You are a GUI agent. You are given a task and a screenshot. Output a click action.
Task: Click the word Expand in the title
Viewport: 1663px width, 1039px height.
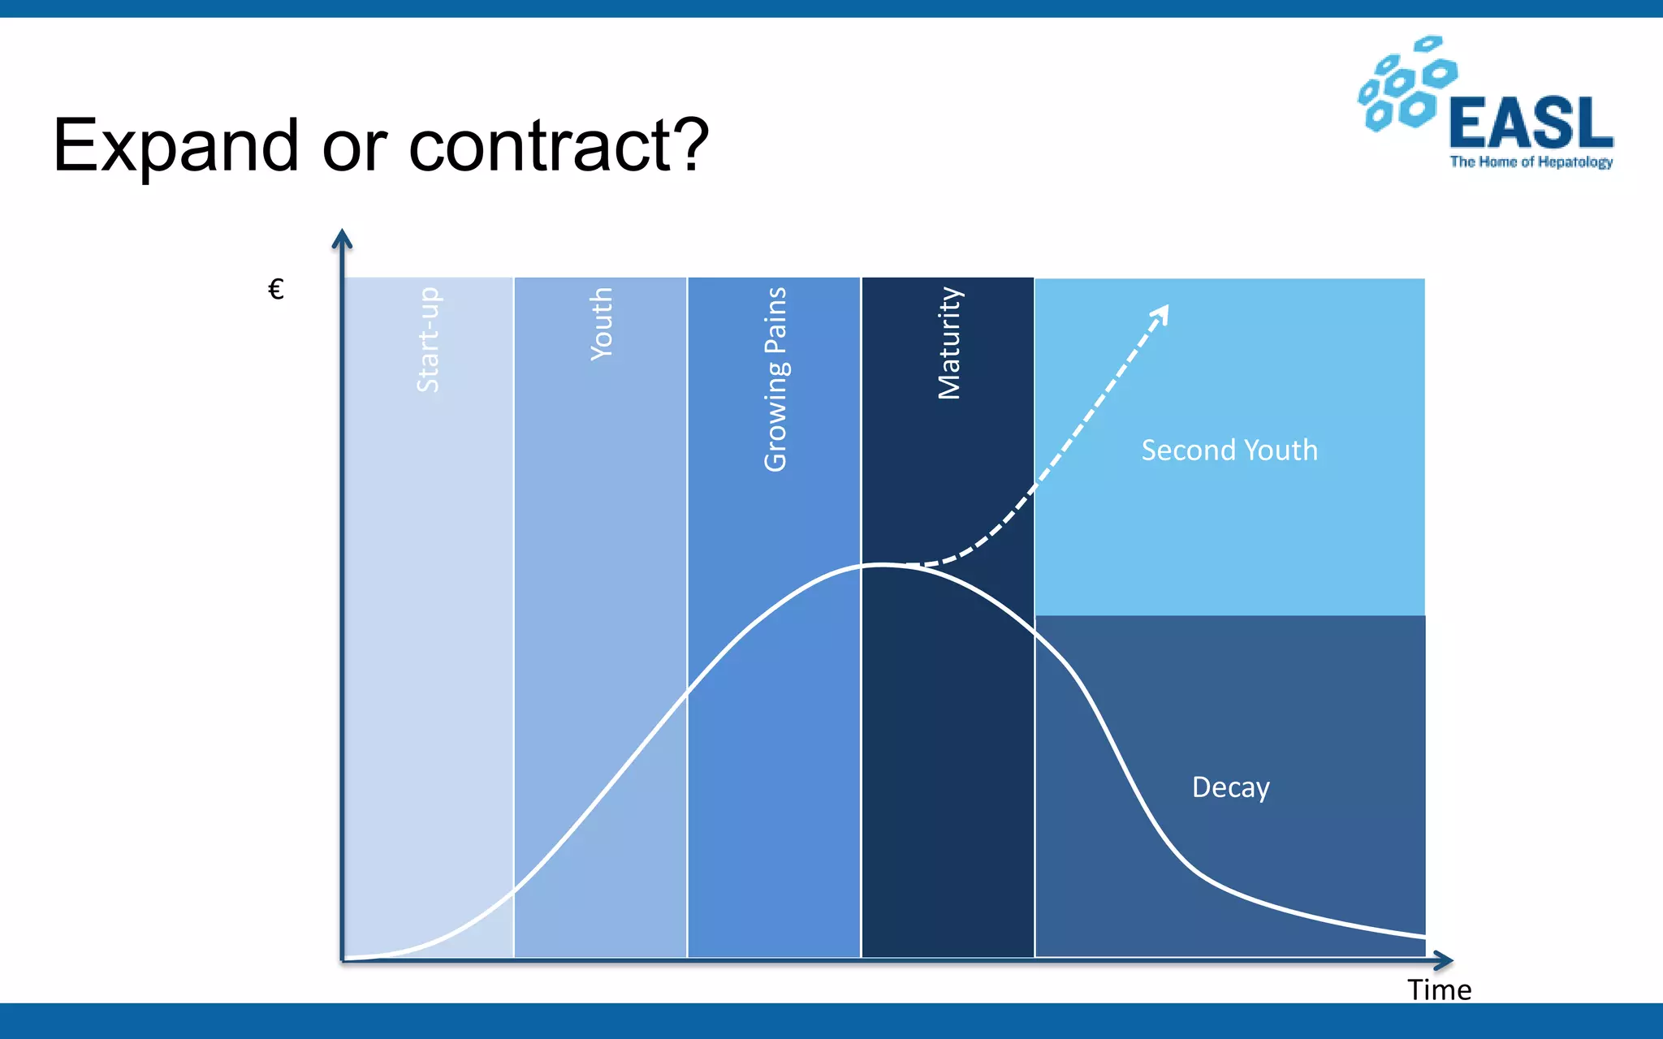click(175, 147)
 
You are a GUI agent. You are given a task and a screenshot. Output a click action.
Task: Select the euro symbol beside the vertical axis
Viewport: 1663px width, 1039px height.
click(276, 289)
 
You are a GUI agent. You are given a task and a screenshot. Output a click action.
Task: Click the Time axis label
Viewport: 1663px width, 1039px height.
click(1439, 989)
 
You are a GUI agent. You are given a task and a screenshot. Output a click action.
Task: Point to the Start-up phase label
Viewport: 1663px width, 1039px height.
click(428, 339)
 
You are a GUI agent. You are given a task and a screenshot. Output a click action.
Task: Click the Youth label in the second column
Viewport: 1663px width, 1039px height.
click(602, 323)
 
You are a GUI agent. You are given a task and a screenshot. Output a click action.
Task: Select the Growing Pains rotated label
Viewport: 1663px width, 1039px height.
click(775, 378)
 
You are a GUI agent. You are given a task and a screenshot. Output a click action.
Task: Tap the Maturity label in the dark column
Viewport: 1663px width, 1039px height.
click(948, 343)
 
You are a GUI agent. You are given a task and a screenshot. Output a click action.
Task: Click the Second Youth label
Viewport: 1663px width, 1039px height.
click(1229, 450)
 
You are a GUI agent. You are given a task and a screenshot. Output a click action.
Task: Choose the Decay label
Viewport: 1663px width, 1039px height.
click(1230, 787)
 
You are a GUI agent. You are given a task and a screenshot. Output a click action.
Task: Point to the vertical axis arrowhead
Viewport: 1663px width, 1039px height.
click(343, 238)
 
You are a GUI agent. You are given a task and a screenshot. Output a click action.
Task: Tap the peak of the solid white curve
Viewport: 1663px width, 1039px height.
click(882, 564)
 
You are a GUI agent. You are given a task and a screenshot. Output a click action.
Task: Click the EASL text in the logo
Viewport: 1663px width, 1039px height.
click(1531, 123)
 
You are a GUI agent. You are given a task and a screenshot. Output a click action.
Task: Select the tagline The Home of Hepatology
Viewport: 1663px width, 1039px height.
click(1531, 162)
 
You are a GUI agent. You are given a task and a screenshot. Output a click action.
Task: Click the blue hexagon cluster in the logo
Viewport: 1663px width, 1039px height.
click(1407, 84)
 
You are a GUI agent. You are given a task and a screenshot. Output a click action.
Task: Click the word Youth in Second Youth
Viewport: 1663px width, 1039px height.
click(1281, 450)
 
